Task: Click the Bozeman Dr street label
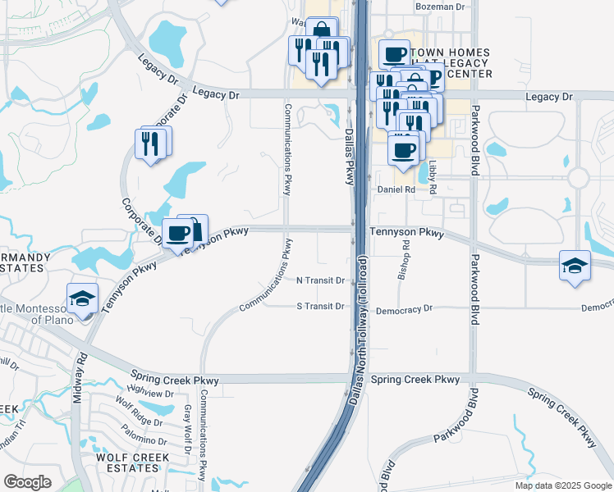(440, 6)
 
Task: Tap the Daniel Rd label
(396, 189)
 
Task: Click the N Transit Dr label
(320, 280)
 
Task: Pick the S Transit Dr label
(320, 307)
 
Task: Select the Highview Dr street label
(148, 394)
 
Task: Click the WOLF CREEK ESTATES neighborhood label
(132, 462)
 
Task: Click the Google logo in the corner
(27, 482)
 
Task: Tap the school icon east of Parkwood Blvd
(575, 266)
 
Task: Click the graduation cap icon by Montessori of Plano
(82, 298)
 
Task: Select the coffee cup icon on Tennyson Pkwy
(178, 233)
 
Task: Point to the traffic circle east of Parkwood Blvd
(579, 177)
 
